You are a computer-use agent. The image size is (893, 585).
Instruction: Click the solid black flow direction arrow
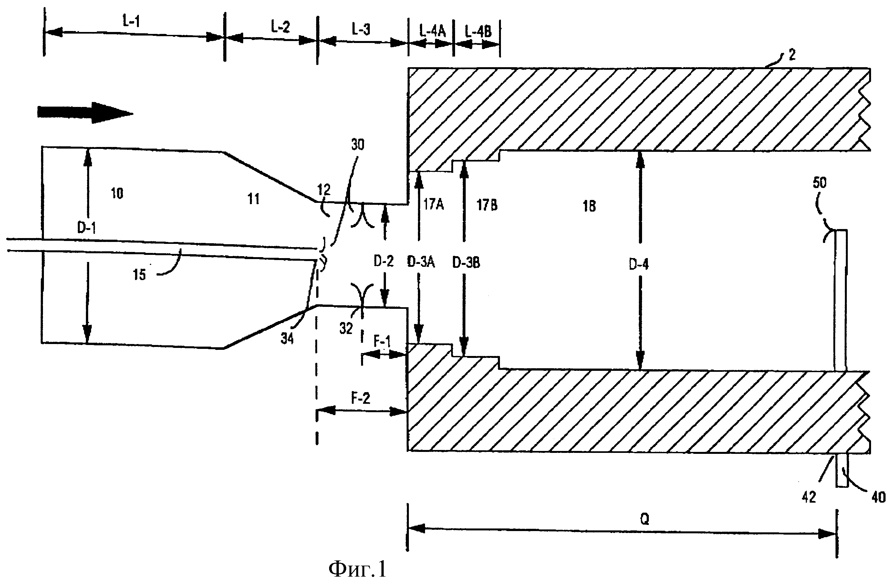85,112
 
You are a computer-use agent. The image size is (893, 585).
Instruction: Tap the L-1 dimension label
131,21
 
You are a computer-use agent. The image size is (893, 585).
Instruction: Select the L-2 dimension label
280,26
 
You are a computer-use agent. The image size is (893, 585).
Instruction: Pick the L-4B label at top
478,32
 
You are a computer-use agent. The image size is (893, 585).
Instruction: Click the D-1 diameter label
86,228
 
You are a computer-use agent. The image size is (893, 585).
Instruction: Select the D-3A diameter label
421,262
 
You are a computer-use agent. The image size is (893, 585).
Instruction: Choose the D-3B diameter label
466,263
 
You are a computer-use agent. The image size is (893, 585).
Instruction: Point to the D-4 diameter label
639,265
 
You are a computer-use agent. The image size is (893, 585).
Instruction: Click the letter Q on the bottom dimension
644,519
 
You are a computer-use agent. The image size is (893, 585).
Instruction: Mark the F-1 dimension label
382,341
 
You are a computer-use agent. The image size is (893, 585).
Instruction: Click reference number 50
819,183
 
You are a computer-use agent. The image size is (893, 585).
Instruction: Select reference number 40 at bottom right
878,497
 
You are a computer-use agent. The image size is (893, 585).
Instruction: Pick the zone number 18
589,206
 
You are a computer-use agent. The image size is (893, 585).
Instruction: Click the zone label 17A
433,204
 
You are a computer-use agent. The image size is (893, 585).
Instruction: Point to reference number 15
139,275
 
